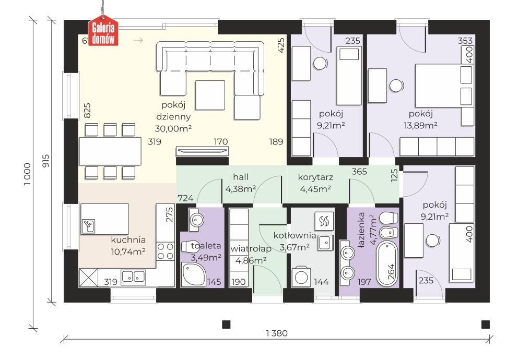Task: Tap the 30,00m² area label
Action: (173, 129)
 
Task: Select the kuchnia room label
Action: (128, 240)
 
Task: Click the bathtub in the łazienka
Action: (387, 263)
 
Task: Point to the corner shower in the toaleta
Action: (193, 274)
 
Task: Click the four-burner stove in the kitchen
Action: (165, 251)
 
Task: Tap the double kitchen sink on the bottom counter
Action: (134, 278)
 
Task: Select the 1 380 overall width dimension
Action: (277, 333)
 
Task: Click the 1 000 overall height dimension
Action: (28, 174)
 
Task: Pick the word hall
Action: (241, 177)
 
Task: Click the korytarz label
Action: (315, 177)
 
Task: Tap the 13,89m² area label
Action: (420, 125)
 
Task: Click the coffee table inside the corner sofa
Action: (210, 95)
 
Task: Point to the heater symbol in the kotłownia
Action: (324, 221)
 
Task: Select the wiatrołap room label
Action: (251, 248)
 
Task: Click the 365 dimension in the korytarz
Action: (359, 172)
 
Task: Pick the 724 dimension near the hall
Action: (185, 198)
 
